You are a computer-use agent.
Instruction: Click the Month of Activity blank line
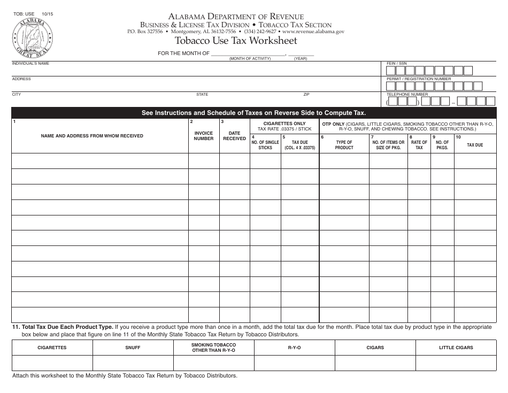pyautogui.click(x=248, y=54)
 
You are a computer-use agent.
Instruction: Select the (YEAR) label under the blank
pyautogui.click(x=300, y=58)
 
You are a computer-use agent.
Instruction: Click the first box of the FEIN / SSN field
pyautogui.click(x=391, y=71)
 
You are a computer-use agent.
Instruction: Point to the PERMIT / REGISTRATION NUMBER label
pyautogui.click(x=419, y=79)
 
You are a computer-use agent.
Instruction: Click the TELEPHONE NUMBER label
pyautogui.click(x=407, y=95)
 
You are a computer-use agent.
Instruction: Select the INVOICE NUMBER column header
pyautogui.click(x=204, y=136)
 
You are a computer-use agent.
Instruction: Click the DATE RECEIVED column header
pyautogui.click(x=234, y=136)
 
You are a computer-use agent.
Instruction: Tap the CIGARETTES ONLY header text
pyautogui.click(x=284, y=124)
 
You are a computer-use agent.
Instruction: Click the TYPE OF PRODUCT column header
pyautogui.click(x=344, y=145)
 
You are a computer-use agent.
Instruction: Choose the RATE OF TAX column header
pyautogui.click(x=419, y=145)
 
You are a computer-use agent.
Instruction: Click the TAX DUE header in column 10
pyautogui.click(x=475, y=145)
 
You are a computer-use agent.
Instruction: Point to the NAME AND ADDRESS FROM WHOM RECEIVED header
pyautogui.click(x=92, y=136)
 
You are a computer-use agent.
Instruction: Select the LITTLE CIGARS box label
pyautogui.click(x=456, y=348)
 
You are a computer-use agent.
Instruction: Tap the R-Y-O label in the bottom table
pyautogui.click(x=294, y=348)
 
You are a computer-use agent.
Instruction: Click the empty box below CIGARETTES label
pyautogui.click(x=52, y=363)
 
